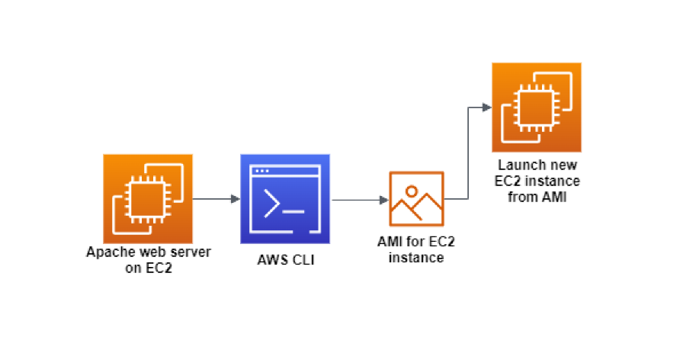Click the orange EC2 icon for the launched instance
point(536,108)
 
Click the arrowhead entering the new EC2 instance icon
point(486,108)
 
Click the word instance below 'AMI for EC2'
point(416,258)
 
